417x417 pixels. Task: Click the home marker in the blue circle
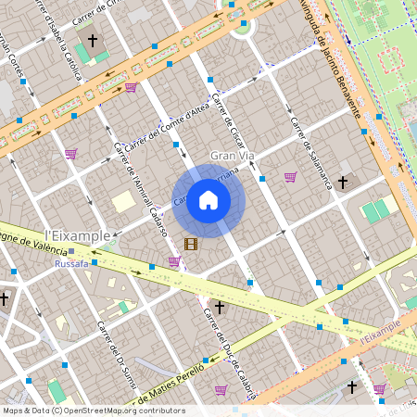point(208,200)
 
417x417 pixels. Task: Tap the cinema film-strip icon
point(191,244)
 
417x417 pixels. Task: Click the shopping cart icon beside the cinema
point(174,260)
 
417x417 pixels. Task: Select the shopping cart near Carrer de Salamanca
point(290,177)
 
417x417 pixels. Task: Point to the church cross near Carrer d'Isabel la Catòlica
point(94,41)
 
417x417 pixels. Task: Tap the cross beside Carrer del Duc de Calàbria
point(220,306)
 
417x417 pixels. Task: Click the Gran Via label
point(232,156)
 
